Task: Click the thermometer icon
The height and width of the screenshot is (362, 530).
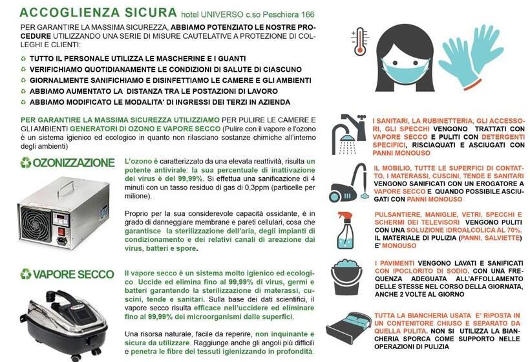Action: click(359, 41)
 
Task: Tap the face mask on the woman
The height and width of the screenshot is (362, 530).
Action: click(404, 72)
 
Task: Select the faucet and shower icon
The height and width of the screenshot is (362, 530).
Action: click(348, 134)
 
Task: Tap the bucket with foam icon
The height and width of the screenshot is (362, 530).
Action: click(347, 277)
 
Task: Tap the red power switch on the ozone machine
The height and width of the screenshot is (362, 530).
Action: click(61, 231)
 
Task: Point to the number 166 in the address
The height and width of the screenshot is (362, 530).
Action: click(308, 14)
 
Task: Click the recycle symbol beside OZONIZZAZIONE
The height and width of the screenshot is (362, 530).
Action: click(26, 163)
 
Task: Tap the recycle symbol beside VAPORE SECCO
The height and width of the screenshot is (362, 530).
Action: click(26, 274)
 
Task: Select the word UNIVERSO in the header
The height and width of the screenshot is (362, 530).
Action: click(222, 14)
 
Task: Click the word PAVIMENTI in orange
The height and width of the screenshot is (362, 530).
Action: click(394, 263)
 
